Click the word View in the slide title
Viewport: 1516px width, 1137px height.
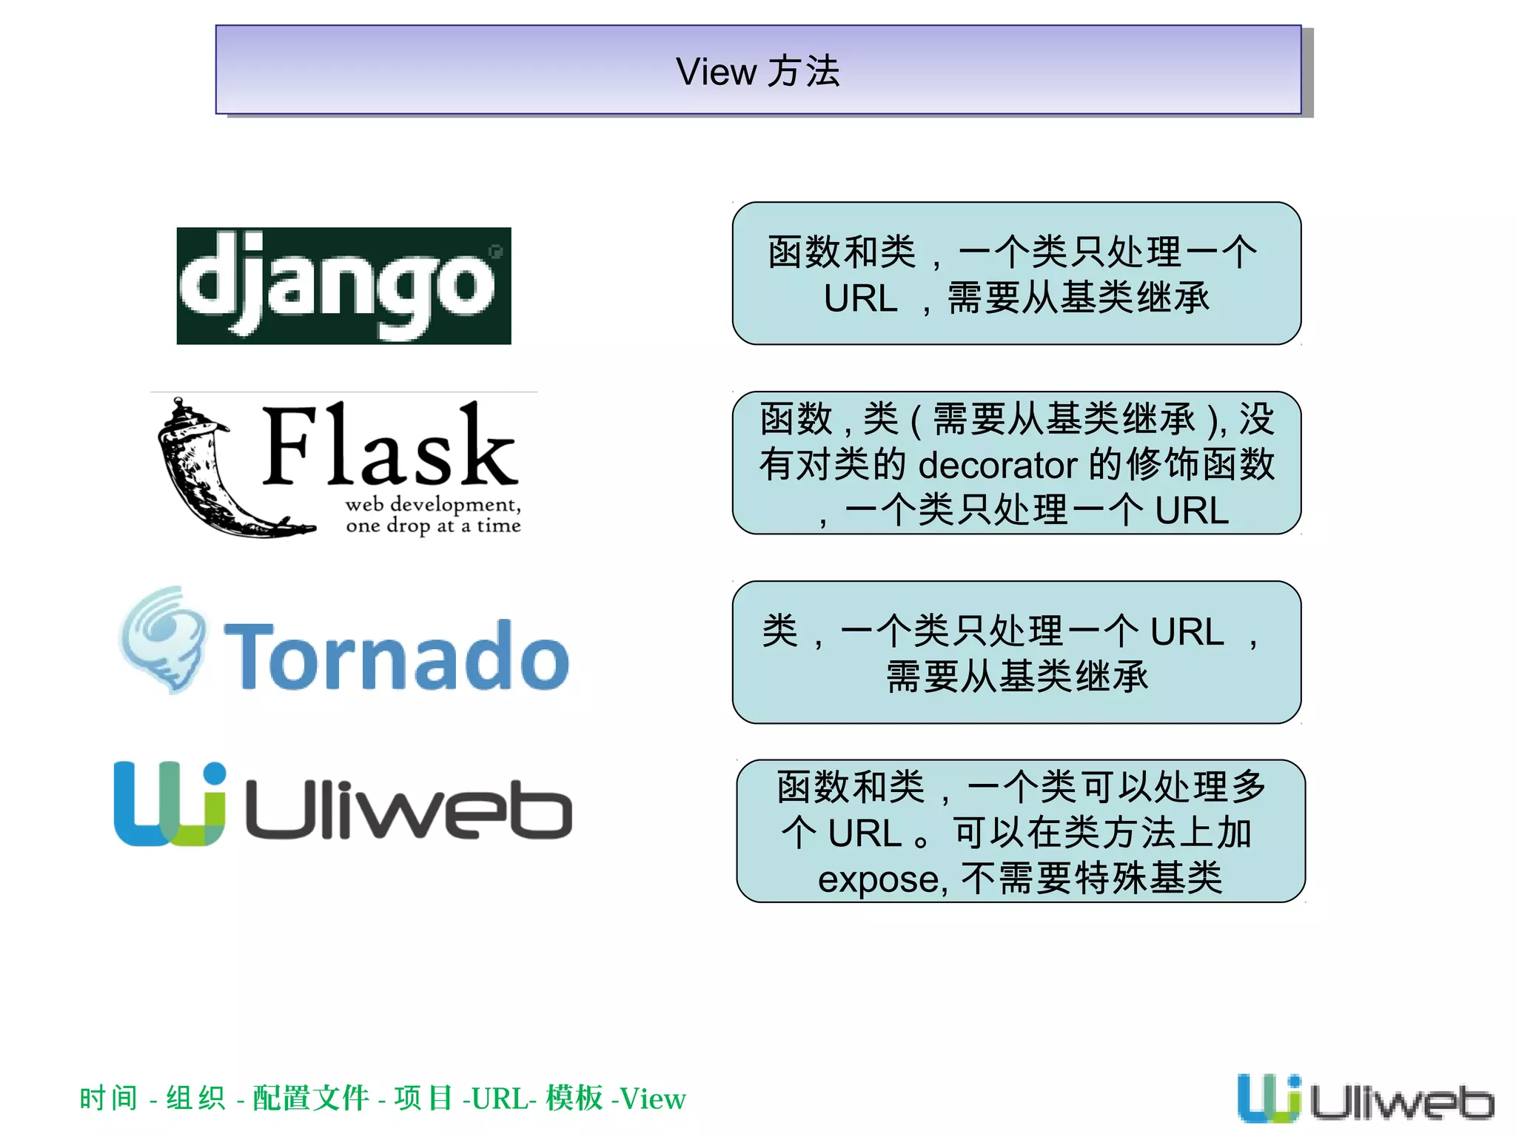point(716,73)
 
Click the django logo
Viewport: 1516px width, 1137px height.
point(343,286)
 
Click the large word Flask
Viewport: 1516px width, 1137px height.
point(389,446)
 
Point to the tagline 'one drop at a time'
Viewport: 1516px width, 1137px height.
point(433,526)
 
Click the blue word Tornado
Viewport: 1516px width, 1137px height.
point(397,657)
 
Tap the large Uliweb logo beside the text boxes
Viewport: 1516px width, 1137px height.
point(342,804)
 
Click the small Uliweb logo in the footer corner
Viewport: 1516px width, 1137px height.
point(1365,1098)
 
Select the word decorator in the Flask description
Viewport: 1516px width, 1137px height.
point(998,466)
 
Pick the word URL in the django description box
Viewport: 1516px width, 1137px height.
point(860,299)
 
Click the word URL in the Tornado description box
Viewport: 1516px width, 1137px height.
point(1187,631)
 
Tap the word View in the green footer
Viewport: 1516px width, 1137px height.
point(653,1099)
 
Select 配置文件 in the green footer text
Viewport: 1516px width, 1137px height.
point(310,1099)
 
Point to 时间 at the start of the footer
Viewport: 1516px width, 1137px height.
point(108,1099)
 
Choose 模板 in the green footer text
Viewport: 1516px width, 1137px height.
point(574,1099)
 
